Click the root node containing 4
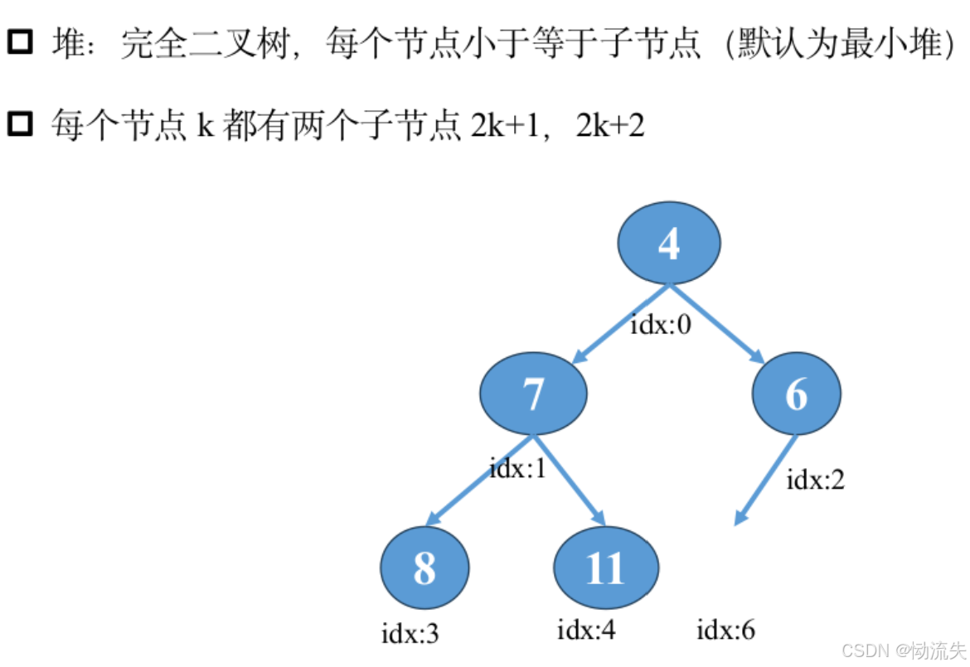tap(668, 244)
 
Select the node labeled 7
tap(533, 393)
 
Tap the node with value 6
tap(796, 393)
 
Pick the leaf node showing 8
tap(424, 568)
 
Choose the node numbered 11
tap(605, 568)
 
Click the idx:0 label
tap(661, 324)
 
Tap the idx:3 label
tap(410, 635)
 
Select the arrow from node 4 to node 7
tap(618, 324)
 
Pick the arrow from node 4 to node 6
tap(718, 324)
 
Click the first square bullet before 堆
tap(19, 41)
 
